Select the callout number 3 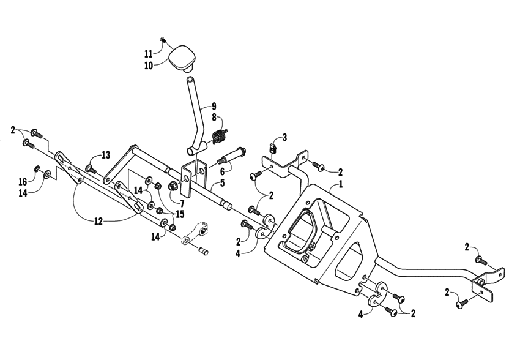284,137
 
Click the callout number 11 148,53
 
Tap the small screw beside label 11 163,40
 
